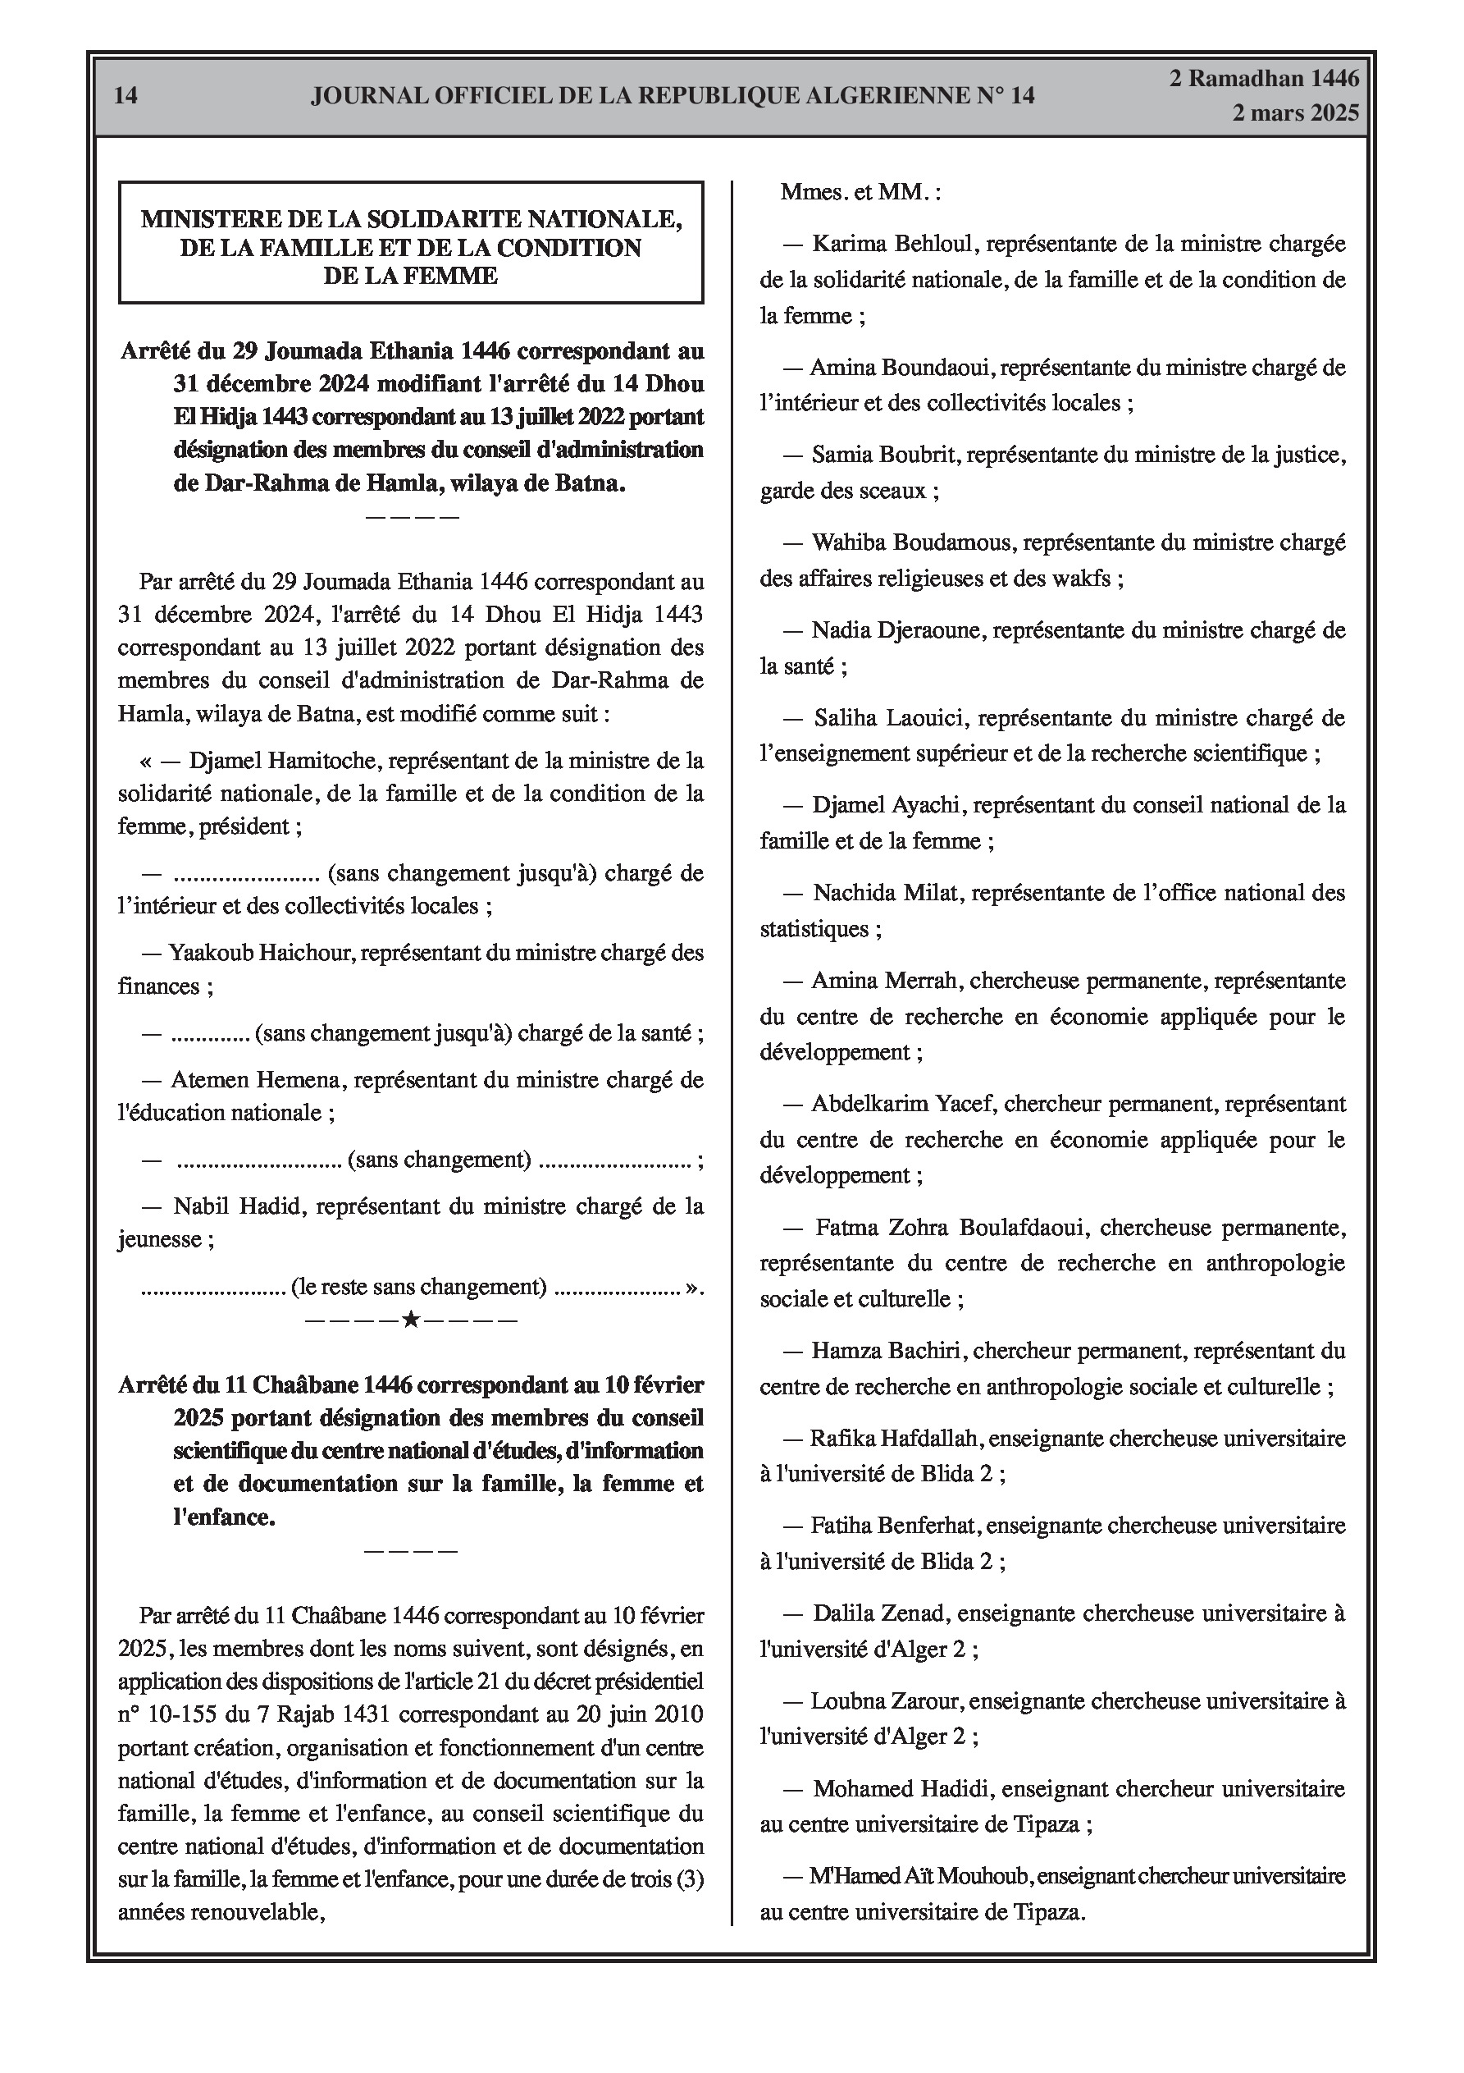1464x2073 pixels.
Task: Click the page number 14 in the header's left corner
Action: pos(126,96)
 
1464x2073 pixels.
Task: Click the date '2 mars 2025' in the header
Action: pos(1295,113)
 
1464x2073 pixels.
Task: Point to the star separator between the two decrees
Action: pos(411,1320)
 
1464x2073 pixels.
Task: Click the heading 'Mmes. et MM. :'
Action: pos(860,192)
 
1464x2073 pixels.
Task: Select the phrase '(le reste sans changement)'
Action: pos(419,1287)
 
